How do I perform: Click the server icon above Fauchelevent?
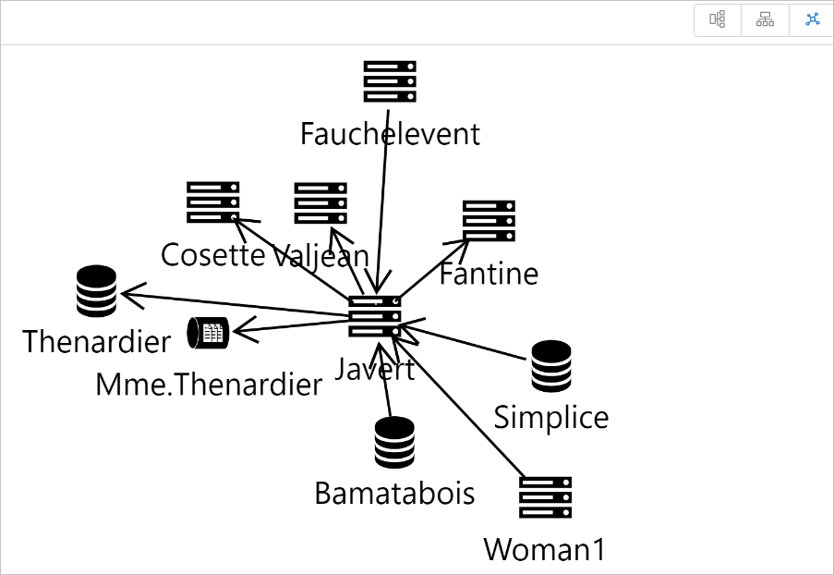(390, 81)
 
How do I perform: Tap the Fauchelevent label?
(390, 134)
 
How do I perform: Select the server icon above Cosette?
(213, 202)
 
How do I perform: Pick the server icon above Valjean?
(320, 202)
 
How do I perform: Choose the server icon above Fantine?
(489, 221)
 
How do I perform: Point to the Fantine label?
(489, 274)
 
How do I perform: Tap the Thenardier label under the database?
(96, 341)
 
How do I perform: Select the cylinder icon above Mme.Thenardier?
(209, 332)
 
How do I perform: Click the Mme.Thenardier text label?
(209, 385)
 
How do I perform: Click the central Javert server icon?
(374, 316)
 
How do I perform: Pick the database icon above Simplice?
(551, 365)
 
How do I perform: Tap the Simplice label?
(551, 417)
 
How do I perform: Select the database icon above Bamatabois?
(394, 441)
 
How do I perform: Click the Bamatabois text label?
(394, 493)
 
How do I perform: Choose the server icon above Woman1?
(545, 497)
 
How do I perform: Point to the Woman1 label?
(545, 549)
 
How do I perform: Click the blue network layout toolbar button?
(813, 19)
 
